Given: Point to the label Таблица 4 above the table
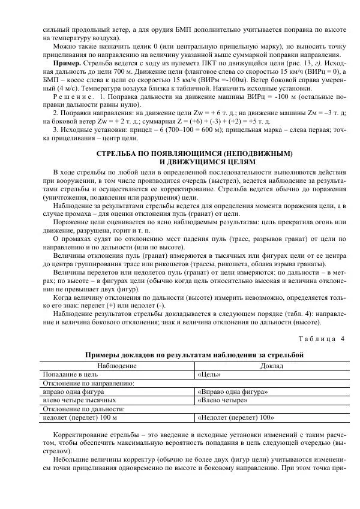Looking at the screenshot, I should (323, 339).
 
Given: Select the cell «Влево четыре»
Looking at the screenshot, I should (223, 400).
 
